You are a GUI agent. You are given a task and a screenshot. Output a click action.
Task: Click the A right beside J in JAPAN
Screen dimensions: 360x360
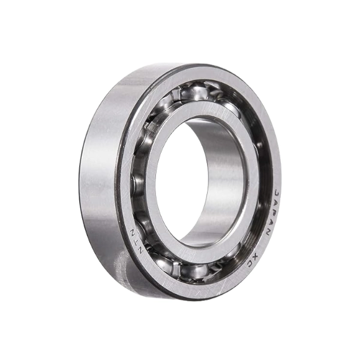(x=277, y=197)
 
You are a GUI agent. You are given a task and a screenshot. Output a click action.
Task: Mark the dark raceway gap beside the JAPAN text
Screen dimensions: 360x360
(x=264, y=198)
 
